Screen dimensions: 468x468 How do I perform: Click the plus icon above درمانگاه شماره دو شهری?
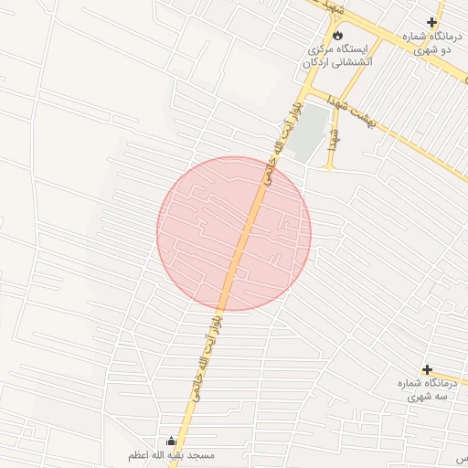[431, 22]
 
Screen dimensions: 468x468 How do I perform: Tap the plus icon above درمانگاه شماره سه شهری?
[427, 369]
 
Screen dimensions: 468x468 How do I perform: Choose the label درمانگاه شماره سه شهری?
[426, 390]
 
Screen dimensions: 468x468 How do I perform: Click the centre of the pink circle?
[234, 233]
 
